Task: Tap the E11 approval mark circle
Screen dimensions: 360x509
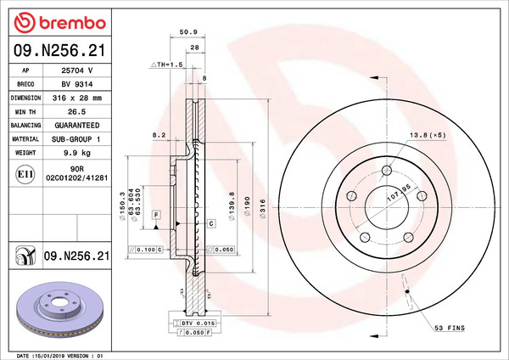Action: (x=25, y=174)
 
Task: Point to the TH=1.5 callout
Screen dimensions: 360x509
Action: (x=167, y=65)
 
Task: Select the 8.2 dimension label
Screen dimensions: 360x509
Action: (x=158, y=134)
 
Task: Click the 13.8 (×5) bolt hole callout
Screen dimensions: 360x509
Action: (x=428, y=135)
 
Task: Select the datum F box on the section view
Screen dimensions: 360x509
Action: (x=157, y=214)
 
